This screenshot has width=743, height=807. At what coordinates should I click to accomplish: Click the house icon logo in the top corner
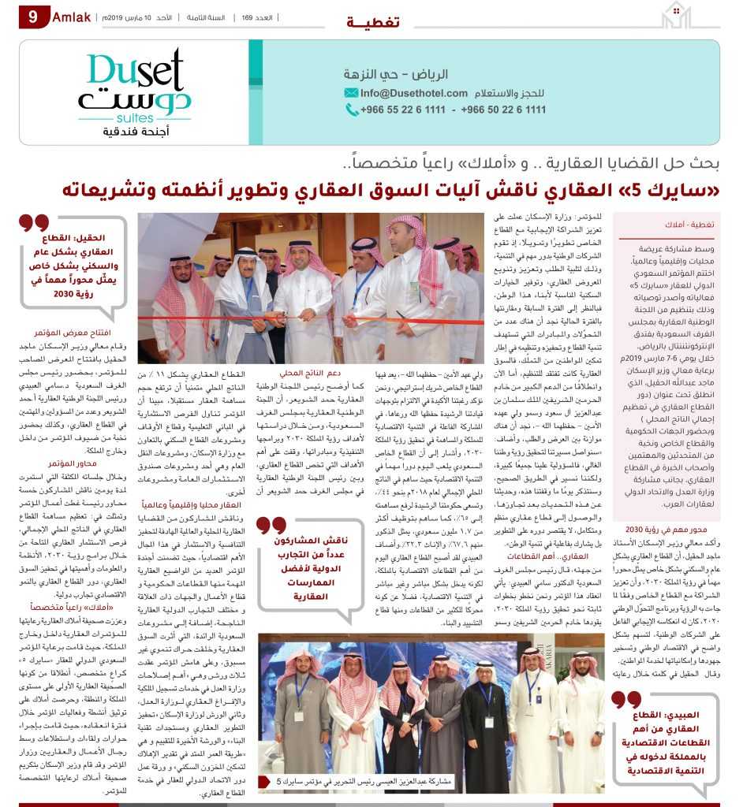click(681, 16)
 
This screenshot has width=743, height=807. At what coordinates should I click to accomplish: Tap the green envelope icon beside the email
click(352, 93)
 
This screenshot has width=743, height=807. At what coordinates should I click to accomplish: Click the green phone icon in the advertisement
click(352, 110)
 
